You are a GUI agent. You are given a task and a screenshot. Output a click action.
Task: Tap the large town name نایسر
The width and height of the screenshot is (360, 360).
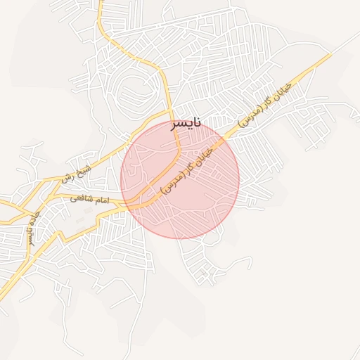point(186,123)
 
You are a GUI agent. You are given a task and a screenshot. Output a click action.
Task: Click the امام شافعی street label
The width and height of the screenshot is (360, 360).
point(90,200)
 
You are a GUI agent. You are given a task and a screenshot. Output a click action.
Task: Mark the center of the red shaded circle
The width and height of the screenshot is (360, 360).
point(180,179)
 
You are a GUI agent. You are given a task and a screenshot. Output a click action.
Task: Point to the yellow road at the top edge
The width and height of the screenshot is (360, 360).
point(100,3)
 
